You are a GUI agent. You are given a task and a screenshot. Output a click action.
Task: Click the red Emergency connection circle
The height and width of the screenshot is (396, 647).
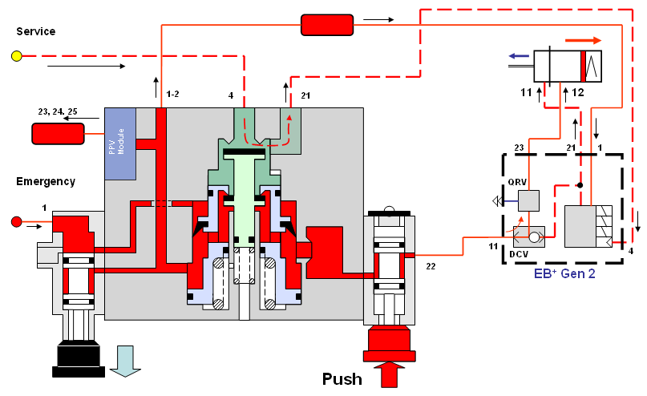[x=16, y=221]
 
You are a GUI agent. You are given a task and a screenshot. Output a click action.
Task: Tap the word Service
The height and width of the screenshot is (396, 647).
[x=35, y=31]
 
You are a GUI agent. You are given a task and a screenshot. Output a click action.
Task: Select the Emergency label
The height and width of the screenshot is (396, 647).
[x=46, y=181]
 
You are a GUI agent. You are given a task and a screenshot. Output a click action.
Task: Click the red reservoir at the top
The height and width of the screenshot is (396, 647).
[x=326, y=25]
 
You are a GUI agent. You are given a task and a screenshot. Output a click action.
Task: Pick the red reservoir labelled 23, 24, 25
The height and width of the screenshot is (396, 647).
[x=58, y=133]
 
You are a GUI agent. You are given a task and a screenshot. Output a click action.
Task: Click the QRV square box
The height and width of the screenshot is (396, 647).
[x=528, y=200]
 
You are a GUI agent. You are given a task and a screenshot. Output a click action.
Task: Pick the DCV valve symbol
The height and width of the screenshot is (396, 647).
[x=528, y=235]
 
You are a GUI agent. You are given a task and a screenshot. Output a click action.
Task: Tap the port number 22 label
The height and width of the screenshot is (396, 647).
[x=431, y=265]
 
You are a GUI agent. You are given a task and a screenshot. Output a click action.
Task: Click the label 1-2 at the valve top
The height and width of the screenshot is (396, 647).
[x=172, y=95]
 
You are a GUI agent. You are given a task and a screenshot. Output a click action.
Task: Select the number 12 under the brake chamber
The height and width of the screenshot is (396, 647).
[x=577, y=93]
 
